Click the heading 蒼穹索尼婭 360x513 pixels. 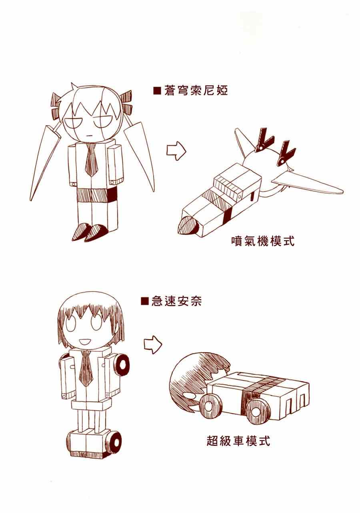coord(196,91)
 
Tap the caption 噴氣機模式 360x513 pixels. coord(263,242)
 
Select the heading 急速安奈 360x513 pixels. coord(176,301)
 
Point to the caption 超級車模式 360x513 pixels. coord(238,441)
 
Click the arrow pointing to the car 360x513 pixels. coord(153,345)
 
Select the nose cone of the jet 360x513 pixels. coord(188,226)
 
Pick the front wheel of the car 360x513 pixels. coord(209,407)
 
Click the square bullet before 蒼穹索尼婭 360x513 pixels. coord(158,91)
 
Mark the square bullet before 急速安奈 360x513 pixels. coord(145,301)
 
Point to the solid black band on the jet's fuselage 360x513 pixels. coord(227,215)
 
